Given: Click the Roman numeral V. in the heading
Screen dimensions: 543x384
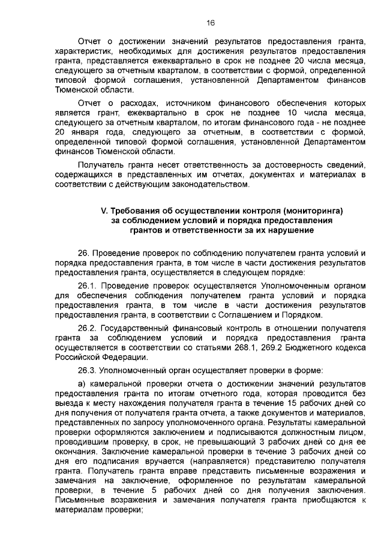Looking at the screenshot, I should pos(103,211).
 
